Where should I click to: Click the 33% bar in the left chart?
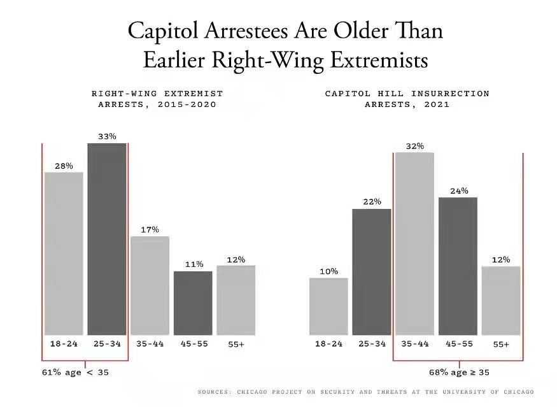(x=107, y=239)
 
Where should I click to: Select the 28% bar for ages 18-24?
(x=64, y=253)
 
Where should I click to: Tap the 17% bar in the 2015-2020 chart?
(x=150, y=285)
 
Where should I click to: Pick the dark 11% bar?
(x=193, y=303)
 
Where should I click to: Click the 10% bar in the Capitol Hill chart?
(x=328, y=306)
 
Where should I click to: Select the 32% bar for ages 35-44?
(x=414, y=243)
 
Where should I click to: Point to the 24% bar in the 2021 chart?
(x=458, y=266)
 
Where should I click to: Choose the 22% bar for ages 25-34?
(x=372, y=271)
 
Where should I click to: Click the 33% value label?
(x=107, y=136)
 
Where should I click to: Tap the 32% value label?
(x=414, y=146)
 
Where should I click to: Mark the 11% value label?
(x=194, y=264)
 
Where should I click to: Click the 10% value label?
(x=328, y=271)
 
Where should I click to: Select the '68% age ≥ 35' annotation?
(x=459, y=373)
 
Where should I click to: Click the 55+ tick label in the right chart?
(x=501, y=344)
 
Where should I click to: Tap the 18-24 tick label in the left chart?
(x=64, y=343)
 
